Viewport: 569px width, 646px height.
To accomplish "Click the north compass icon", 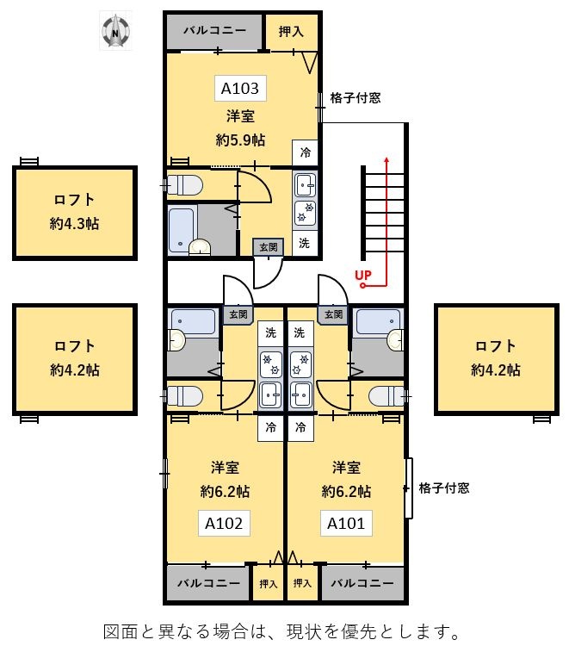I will [114, 32].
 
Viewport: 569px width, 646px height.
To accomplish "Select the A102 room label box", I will [225, 523].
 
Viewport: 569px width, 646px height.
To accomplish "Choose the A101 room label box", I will [346, 523].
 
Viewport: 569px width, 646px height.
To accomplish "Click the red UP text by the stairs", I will [363, 276].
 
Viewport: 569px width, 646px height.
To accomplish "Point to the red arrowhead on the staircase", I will [387, 161].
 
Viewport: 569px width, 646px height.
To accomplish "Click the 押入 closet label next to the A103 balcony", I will [292, 32].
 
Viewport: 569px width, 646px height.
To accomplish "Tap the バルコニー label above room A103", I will [214, 31].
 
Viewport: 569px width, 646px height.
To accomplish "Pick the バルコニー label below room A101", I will [362, 583].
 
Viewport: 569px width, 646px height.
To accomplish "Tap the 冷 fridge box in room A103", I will [306, 152].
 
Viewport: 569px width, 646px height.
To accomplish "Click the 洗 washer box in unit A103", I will [305, 243].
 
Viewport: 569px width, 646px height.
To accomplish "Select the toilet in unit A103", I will [184, 184].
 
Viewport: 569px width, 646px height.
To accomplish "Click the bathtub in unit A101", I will [376, 321].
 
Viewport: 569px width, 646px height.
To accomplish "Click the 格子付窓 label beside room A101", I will [444, 488].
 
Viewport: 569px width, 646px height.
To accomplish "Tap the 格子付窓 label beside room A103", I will [356, 98].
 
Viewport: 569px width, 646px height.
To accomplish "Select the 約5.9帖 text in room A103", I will [240, 140].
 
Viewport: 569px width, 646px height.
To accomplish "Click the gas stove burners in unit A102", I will [270, 363].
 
